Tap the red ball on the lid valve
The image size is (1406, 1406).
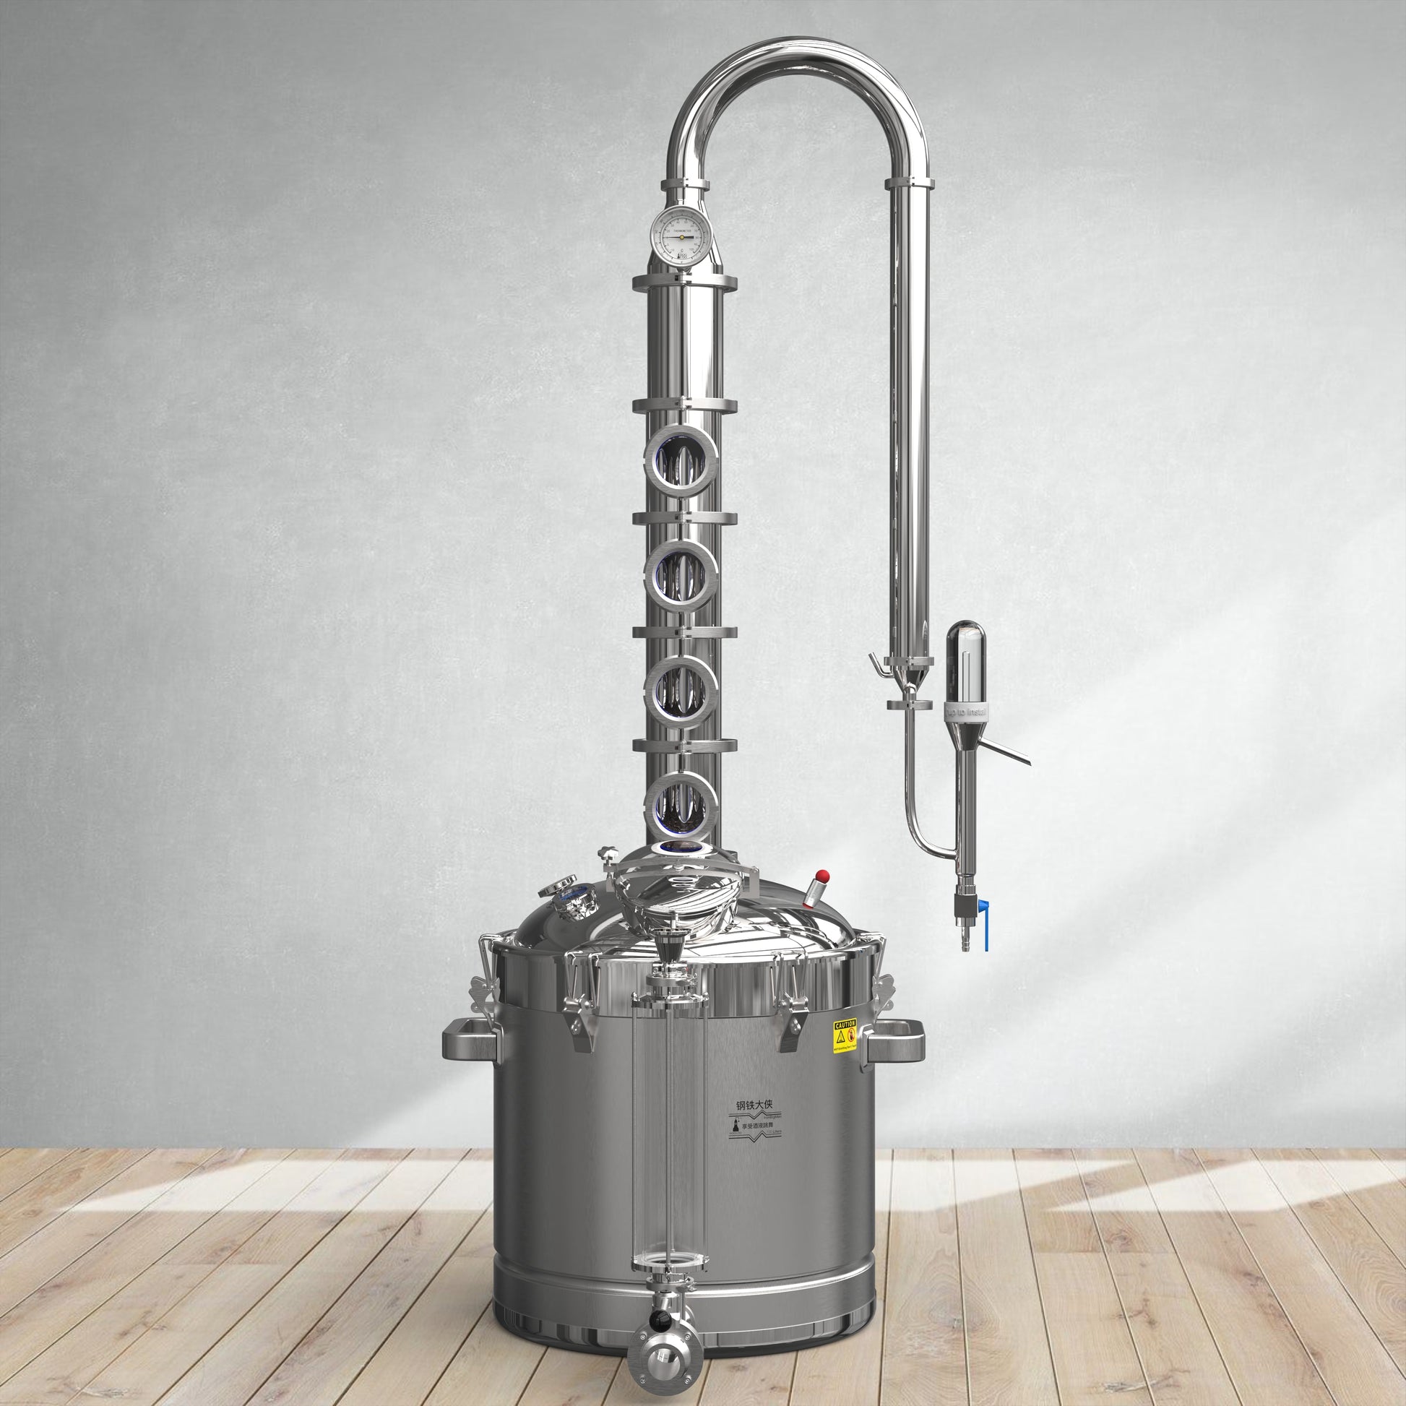pyautogui.click(x=823, y=874)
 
